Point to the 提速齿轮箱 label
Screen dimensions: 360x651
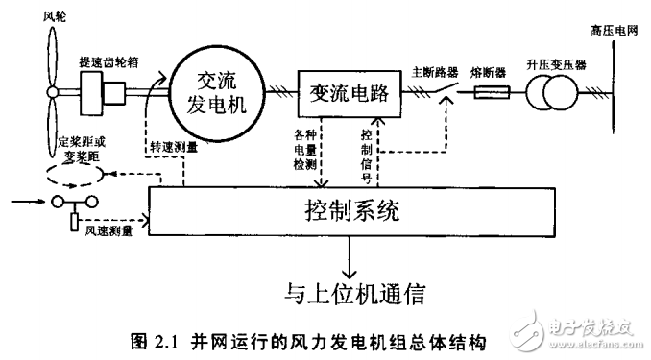click(x=108, y=60)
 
